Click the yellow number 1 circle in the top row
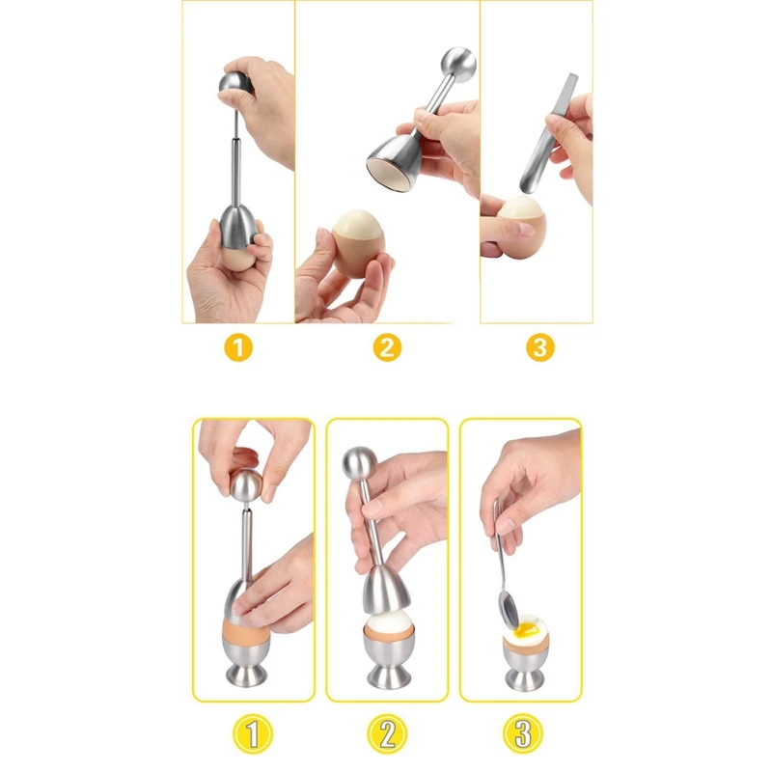pos(238,347)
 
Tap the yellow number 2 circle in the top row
pos(387,347)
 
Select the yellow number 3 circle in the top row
pos(540,347)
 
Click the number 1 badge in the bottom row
pos(253,733)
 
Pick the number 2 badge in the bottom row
pos(388,733)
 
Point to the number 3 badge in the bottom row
pos(523,733)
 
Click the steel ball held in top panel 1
pos(235,85)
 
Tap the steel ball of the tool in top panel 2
pos(457,63)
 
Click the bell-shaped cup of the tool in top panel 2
pos(395,162)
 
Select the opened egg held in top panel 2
pos(358,243)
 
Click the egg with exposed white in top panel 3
pos(521,227)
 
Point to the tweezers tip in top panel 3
pos(524,188)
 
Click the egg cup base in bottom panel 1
pos(246,675)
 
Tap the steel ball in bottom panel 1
pos(246,485)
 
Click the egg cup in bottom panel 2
pos(389,657)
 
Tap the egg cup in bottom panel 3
pos(526,666)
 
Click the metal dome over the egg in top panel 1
pos(238,227)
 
